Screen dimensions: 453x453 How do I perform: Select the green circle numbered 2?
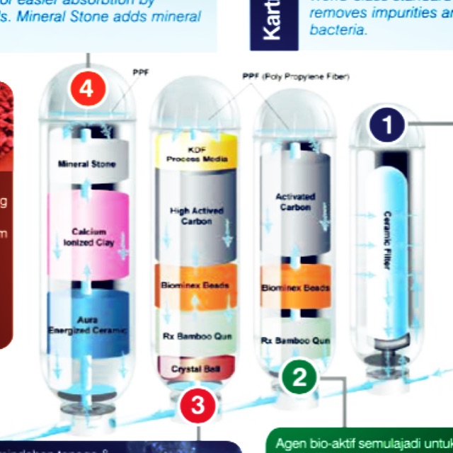pyautogui.click(x=300, y=377)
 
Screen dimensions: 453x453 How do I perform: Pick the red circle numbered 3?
pyautogui.click(x=197, y=406)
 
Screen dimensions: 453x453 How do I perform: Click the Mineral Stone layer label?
pyautogui.click(x=87, y=164)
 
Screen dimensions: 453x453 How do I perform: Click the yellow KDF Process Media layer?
pyautogui.click(x=197, y=156)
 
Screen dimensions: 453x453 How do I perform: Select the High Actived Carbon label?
pyautogui.click(x=196, y=215)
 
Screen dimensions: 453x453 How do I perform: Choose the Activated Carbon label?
pyautogui.click(x=295, y=202)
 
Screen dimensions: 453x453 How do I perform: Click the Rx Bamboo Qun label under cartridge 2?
pyautogui.click(x=295, y=340)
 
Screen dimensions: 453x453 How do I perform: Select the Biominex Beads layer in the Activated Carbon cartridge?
pyautogui.click(x=296, y=288)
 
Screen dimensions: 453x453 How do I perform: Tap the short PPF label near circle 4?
pyautogui.click(x=139, y=72)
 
